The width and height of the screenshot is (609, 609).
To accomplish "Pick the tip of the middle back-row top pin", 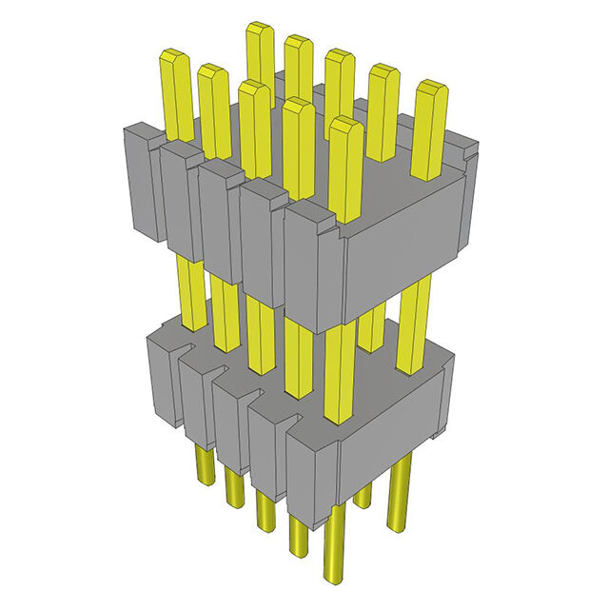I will point(340,56).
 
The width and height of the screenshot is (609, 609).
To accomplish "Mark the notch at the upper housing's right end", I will point(466,149).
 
